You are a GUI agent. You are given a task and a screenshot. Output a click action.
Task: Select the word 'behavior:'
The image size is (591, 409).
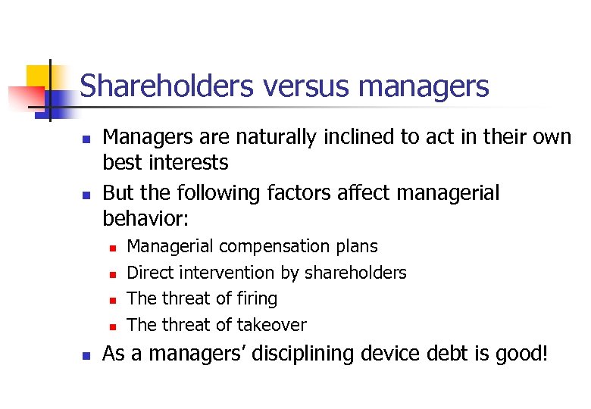[x=145, y=219]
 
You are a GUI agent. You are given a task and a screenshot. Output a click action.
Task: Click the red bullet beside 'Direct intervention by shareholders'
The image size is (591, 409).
[x=111, y=273]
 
